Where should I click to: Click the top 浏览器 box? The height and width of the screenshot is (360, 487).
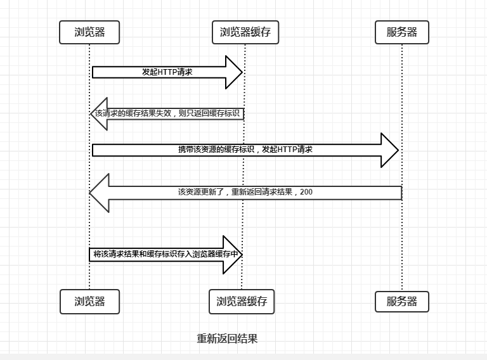[x=89, y=32]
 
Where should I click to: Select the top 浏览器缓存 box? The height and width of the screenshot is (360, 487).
[x=245, y=32]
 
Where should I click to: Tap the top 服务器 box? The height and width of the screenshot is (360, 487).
[x=402, y=32]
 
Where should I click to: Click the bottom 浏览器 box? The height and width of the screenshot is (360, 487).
[x=89, y=302]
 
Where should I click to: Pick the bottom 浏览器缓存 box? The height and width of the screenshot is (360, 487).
[x=242, y=302]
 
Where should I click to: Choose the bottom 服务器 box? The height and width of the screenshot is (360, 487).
[x=402, y=302]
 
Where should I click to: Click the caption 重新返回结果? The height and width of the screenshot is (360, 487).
[x=227, y=338]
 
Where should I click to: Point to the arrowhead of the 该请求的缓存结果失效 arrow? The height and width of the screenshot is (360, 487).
[x=99, y=114]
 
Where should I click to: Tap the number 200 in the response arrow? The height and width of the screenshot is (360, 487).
[x=306, y=191]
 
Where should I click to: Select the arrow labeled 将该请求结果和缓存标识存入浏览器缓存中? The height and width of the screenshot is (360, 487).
[x=165, y=254]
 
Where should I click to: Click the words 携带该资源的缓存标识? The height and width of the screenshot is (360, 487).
[x=216, y=150]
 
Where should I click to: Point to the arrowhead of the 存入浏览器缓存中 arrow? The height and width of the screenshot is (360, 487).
[x=233, y=254]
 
